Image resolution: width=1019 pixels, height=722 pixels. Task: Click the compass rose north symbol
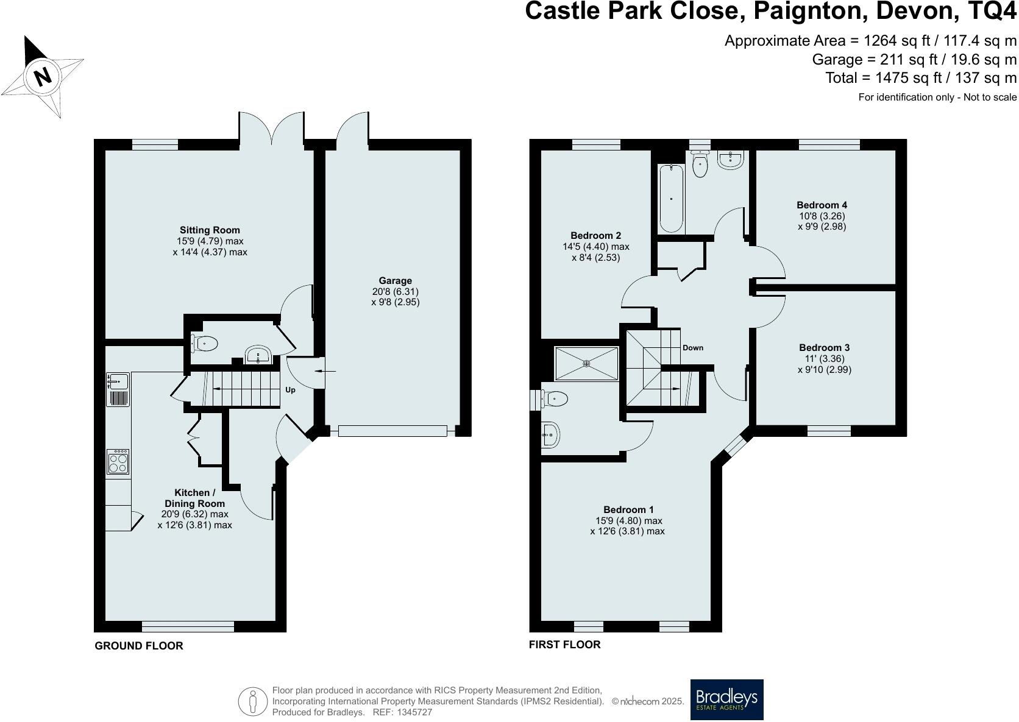41,77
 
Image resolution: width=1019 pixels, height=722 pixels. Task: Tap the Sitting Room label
210,230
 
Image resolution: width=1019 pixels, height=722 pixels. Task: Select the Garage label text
395,281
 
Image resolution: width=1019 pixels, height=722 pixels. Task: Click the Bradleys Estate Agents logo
726,699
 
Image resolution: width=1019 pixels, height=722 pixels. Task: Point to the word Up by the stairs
291,390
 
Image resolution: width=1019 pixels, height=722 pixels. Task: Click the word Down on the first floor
693,348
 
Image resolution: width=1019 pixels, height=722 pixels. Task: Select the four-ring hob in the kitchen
118,461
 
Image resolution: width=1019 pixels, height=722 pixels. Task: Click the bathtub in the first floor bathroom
671,189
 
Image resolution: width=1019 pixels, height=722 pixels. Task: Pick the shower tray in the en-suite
586,364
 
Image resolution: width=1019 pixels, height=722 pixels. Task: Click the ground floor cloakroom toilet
203,344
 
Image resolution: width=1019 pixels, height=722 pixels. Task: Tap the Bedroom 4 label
822,205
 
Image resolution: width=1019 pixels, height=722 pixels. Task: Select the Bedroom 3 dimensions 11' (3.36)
824,359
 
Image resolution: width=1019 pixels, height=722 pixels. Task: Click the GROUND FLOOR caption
139,646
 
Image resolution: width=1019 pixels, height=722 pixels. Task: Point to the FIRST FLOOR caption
564,645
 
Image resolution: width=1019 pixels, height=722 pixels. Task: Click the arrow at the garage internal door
319,370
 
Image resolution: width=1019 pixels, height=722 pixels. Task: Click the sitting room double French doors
272,129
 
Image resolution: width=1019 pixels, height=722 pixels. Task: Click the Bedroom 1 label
628,510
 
